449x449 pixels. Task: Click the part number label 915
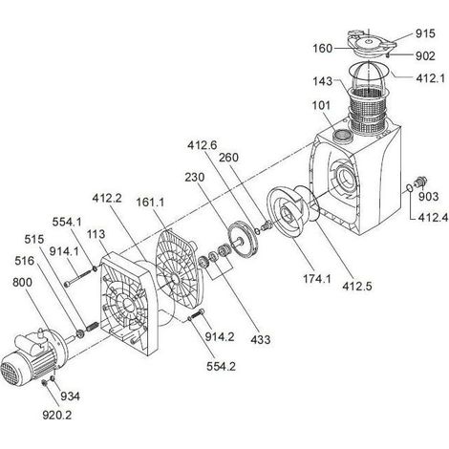[x=425, y=33]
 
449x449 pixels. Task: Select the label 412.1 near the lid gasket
[x=430, y=78]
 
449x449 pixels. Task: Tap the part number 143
[x=323, y=81]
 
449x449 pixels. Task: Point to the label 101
[x=321, y=105]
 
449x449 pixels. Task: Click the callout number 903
[x=428, y=197]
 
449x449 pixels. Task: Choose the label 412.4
[x=433, y=218]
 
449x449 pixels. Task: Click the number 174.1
[x=317, y=279]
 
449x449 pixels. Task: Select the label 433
[x=261, y=339]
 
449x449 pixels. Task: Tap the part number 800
[x=22, y=282]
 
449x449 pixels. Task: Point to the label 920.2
[x=57, y=415]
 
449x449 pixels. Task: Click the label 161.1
[x=150, y=202]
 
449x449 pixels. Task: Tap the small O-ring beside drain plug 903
[x=410, y=188]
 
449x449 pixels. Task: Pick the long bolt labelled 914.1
[x=77, y=278]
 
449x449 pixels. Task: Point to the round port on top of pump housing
[x=342, y=136]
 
